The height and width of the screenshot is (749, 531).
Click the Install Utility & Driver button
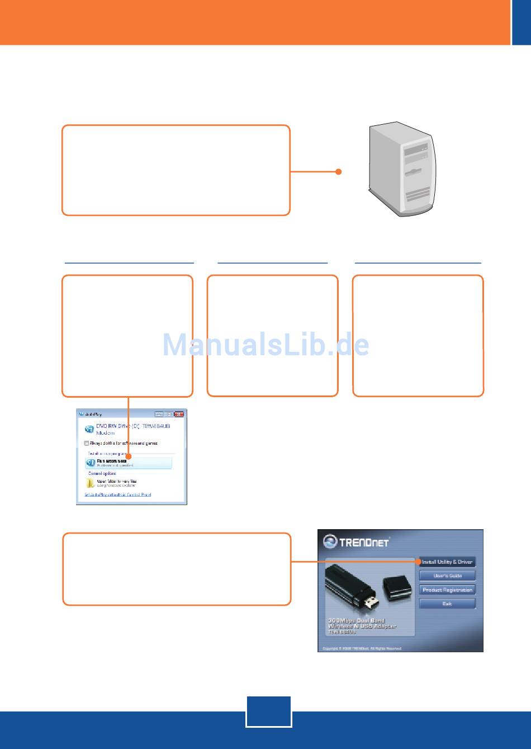[x=448, y=562]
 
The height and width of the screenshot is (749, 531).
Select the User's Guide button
[x=447, y=576]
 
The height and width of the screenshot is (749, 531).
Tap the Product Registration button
[x=447, y=590]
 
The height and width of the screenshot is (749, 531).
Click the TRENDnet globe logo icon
[x=330, y=542]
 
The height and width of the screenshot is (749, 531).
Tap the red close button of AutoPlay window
[x=179, y=414]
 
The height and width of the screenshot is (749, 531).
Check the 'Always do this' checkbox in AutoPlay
[x=87, y=443]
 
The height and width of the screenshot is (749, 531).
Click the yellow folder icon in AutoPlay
[x=90, y=483]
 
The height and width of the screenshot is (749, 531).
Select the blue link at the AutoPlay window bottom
[x=117, y=494]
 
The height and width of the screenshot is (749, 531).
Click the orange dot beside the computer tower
[x=338, y=172]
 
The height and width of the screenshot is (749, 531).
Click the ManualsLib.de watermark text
[x=265, y=345]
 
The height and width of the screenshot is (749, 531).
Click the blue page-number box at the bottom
[x=268, y=712]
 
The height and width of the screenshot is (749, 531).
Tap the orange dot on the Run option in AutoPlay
[x=129, y=461]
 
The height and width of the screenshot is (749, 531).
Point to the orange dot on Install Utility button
[x=418, y=561]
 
